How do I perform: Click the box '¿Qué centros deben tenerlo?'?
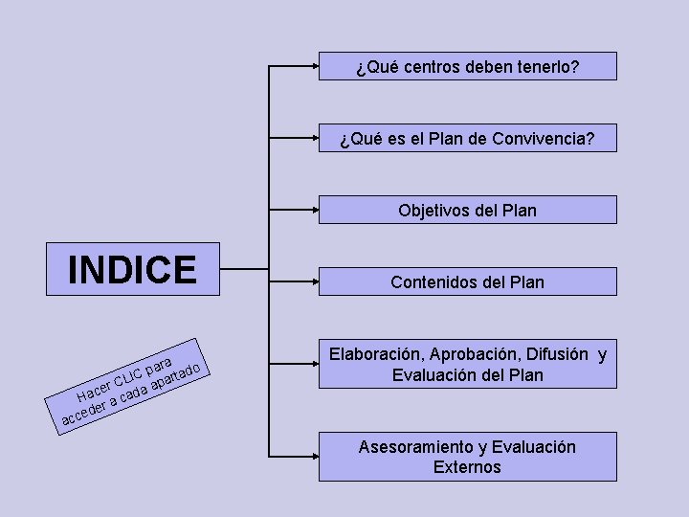(468, 67)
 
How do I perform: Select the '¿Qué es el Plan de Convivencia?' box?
(468, 139)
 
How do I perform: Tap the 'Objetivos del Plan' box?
(468, 211)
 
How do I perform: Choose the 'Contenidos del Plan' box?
(468, 282)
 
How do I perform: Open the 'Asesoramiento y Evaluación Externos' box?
(468, 458)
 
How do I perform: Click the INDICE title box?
(132, 269)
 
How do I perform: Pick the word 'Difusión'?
(559, 355)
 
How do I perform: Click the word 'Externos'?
(467, 468)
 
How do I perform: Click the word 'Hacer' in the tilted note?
(94, 392)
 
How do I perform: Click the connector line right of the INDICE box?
(244, 270)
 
